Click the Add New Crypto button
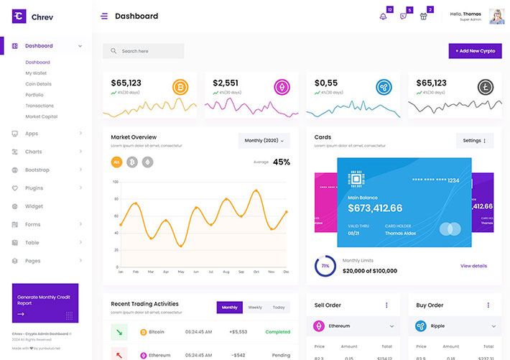click(475, 51)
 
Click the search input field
click(143, 51)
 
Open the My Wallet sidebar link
click(36, 73)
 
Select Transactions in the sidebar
click(40, 106)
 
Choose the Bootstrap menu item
click(37, 170)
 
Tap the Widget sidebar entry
click(34, 206)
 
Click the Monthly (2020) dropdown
click(264, 141)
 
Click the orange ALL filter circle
click(116, 162)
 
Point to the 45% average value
click(282, 162)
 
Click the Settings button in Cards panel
click(475, 141)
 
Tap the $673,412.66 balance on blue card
click(375, 208)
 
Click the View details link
click(473, 266)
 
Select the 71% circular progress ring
click(325, 266)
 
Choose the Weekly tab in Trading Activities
click(255, 308)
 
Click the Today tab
click(279, 308)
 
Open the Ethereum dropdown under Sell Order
click(354, 326)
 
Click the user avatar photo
click(497, 17)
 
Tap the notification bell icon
click(383, 17)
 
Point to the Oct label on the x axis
click(256, 272)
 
